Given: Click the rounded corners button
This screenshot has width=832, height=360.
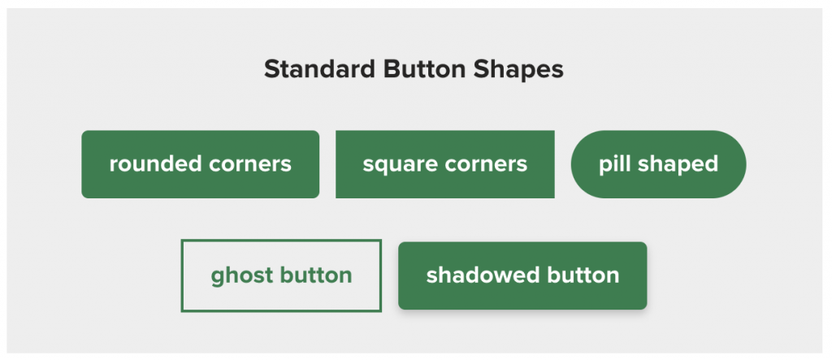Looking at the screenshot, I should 200,164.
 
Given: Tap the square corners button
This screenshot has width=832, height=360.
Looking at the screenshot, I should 444,164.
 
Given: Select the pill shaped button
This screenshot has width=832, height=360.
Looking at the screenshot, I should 658,164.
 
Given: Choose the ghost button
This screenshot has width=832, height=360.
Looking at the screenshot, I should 281,275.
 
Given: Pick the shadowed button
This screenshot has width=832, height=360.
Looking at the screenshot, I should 522,275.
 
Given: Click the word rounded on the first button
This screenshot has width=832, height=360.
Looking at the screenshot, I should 154,164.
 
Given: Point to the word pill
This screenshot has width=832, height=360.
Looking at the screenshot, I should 613,164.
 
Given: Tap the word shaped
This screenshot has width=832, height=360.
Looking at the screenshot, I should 678,165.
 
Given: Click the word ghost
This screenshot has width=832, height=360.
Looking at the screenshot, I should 240,276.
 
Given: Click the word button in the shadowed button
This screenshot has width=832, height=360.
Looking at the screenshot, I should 583,275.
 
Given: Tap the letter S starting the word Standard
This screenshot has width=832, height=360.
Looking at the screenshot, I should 271,70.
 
